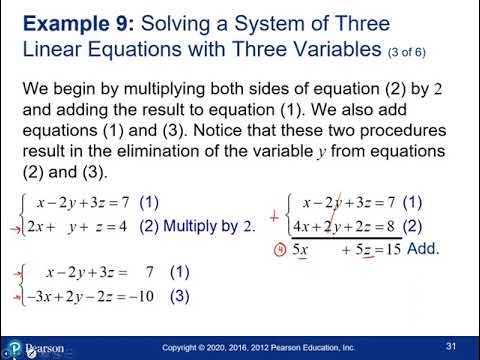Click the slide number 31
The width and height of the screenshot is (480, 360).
(451, 346)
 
